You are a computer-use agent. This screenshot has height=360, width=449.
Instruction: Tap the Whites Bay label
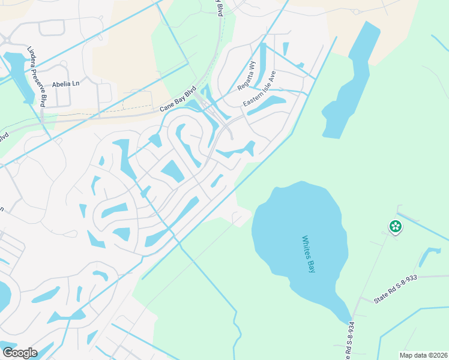309,254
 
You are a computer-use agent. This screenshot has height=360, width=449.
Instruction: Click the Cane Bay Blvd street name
178,101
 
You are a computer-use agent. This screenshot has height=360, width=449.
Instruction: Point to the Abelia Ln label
65,84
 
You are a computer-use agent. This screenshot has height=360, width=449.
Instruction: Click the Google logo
20,353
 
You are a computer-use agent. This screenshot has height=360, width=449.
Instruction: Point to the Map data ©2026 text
423,355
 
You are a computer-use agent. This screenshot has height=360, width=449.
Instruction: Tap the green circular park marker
396,227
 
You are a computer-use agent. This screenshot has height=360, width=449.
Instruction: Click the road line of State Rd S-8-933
420,277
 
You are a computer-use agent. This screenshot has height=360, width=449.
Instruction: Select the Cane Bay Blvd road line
120,114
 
